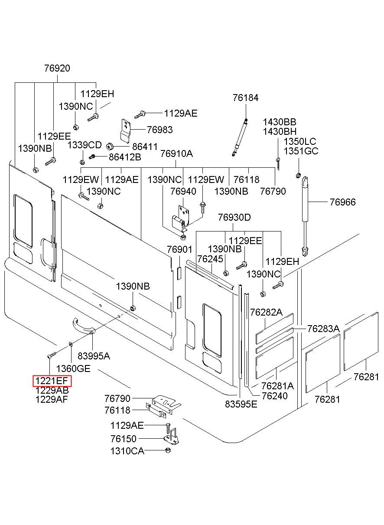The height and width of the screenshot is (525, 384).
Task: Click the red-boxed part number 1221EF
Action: pos(52,381)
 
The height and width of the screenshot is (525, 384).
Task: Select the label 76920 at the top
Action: pos(57,68)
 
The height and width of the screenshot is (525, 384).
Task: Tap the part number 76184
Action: pos(246,98)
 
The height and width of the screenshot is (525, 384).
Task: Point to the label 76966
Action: pos(343,202)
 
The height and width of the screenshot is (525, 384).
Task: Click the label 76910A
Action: pos(177,154)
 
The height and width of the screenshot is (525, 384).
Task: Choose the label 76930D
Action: pos(234,217)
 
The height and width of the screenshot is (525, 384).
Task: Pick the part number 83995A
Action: pos(94,356)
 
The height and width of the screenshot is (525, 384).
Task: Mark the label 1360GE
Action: pos(73,368)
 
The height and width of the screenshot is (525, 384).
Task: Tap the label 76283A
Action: pos(323,329)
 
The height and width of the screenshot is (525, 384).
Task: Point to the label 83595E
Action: pos(241,404)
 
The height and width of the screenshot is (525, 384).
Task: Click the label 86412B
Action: pos(125,157)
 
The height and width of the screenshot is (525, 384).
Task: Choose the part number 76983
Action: pos(160,130)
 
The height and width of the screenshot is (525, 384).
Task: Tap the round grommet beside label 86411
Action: pos(110,146)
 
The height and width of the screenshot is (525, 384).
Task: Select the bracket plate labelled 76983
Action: pos(125,131)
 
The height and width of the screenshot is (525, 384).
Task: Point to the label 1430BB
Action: pos(280,122)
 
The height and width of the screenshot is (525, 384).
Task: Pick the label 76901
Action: pos(179,249)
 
